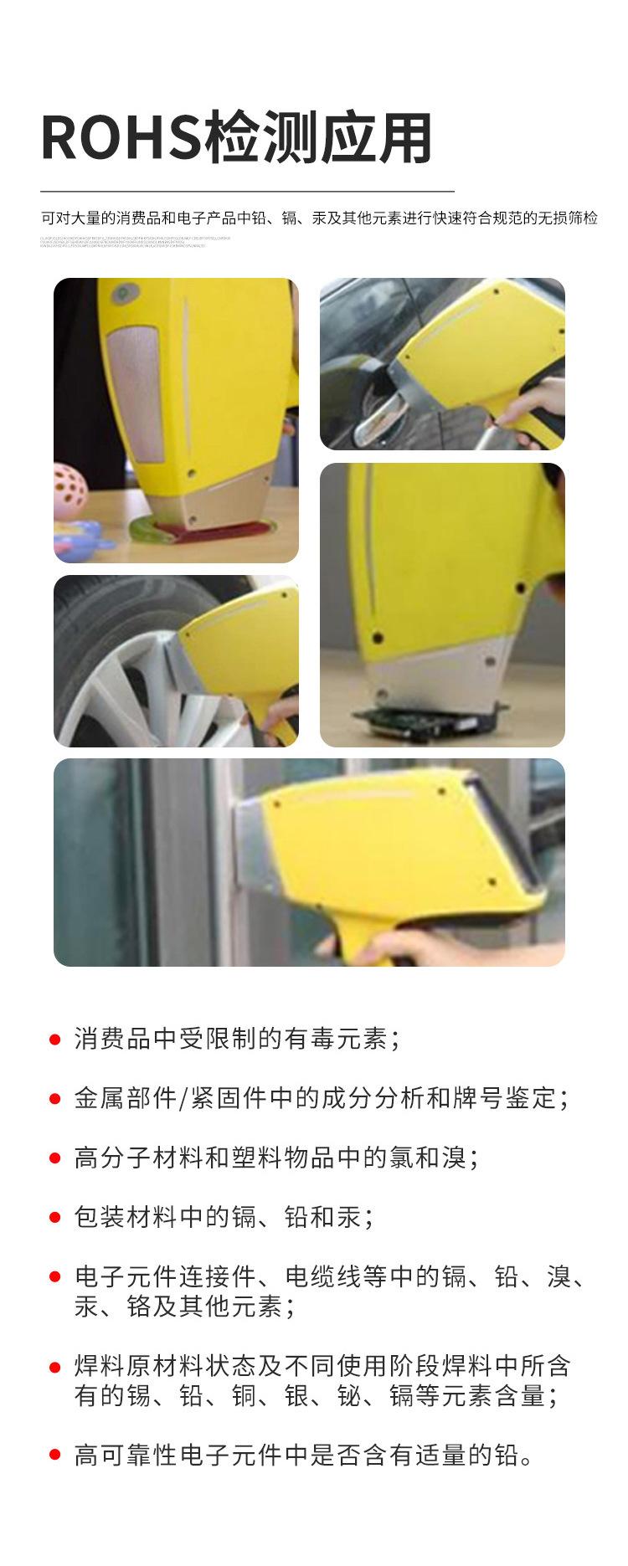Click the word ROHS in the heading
pos(121,137)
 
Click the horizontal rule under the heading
pos(247,192)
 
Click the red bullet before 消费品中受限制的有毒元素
pos(55,1040)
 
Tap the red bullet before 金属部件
pos(55,1099)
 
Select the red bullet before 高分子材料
pos(55,1159)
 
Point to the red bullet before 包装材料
pos(55,1218)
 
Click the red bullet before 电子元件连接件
pos(55,1277)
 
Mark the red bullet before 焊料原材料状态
pos(55,1367)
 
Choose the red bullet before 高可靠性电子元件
pos(55,1456)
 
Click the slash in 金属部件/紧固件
pos(183,1099)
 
